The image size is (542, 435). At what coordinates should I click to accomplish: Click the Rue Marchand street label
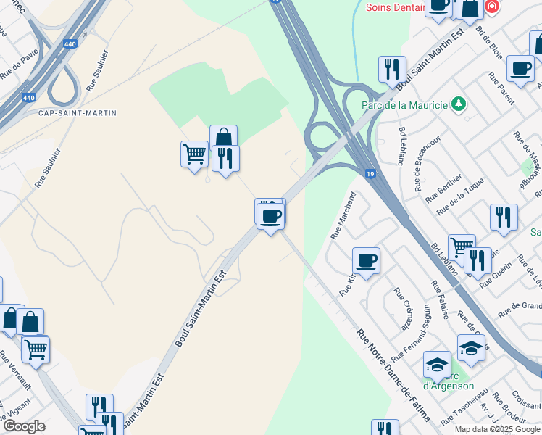[344, 215]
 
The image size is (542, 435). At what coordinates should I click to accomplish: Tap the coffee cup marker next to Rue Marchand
[366, 260]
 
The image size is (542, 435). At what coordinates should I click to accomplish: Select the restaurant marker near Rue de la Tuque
[503, 216]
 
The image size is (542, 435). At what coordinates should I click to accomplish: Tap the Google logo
[24, 426]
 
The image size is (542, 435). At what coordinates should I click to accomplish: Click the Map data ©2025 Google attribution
[497, 429]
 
